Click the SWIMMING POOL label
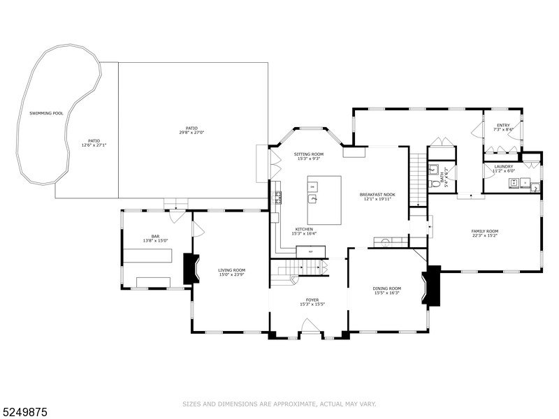(46, 112)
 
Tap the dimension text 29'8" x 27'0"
(191, 132)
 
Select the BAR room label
(155, 237)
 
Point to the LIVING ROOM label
(231, 270)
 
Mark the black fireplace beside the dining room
(432, 286)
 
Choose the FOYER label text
(312, 300)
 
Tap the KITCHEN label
(303, 229)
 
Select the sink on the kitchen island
(314, 199)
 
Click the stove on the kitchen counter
(278, 197)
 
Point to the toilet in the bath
(435, 184)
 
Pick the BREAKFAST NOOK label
(377, 194)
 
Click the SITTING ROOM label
(308, 154)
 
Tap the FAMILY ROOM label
(484, 231)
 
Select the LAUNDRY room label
(503, 166)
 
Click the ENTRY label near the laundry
(503, 125)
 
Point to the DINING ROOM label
(386, 288)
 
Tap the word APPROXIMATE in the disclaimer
(286, 404)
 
